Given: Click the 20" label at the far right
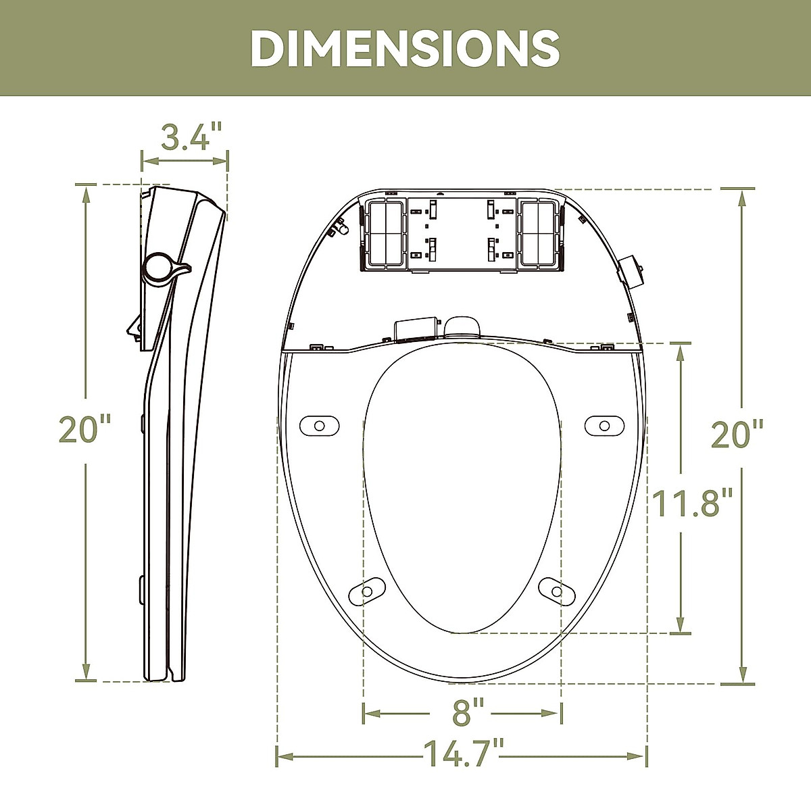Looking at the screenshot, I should coord(738,433).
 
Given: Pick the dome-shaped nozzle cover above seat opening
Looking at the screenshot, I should coord(462,325).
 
